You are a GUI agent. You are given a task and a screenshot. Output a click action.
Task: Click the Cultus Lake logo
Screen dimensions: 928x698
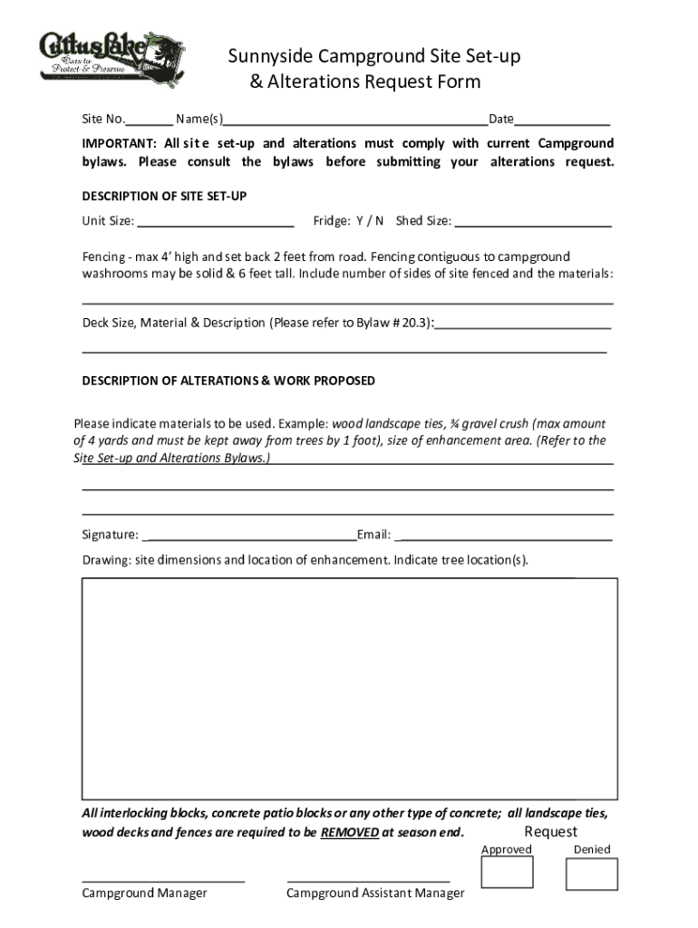[111, 58]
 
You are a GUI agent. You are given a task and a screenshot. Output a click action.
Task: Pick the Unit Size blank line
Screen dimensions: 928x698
[216, 221]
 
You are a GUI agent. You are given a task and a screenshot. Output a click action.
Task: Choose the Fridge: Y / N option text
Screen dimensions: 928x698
[348, 220]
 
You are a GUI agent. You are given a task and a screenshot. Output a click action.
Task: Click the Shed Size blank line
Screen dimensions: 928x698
[533, 221]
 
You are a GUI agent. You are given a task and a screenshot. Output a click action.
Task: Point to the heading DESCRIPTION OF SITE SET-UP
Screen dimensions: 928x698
[164, 196]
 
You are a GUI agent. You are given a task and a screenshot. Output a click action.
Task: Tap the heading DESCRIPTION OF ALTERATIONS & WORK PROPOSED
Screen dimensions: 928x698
[228, 381]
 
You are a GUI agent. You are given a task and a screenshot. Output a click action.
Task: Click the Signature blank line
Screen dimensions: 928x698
[249, 536]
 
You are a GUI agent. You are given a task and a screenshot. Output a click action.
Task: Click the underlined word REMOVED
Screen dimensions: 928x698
[350, 833]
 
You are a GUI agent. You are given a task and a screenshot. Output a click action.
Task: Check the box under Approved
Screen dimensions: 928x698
[507, 873]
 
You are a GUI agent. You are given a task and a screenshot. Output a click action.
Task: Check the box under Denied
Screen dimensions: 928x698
[591, 874]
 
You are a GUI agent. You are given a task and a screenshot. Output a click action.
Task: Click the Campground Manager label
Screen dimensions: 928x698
[144, 894]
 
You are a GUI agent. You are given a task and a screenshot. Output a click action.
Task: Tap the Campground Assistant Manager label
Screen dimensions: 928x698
[375, 894]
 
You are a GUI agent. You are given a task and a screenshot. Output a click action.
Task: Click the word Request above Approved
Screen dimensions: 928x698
[550, 832]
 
